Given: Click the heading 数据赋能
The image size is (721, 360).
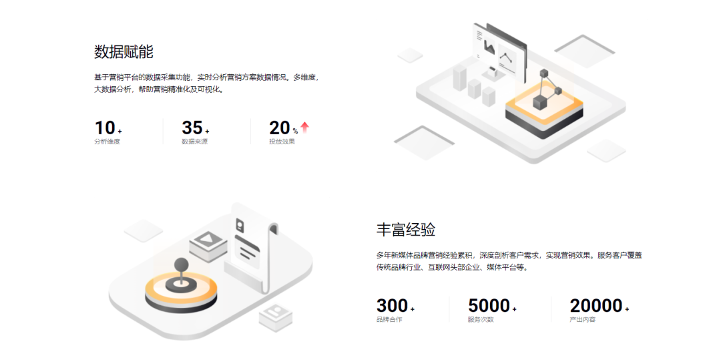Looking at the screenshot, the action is [124, 51].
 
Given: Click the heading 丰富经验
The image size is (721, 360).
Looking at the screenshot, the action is [406, 230].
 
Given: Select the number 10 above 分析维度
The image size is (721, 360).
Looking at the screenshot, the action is [105, 128].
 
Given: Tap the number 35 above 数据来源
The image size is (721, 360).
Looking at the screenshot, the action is [192, 128].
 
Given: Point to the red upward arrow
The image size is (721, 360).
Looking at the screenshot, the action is [305, 127].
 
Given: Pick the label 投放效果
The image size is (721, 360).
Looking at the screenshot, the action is [282, 142].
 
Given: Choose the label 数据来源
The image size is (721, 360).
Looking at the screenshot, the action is [194, 142].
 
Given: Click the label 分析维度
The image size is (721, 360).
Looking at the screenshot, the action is [107, 142].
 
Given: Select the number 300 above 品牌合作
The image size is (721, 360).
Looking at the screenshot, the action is [392, 306].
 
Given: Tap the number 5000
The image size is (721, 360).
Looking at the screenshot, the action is [489, 306].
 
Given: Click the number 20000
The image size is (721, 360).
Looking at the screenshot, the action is [596, 306].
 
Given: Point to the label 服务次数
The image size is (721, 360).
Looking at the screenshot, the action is [481, 320].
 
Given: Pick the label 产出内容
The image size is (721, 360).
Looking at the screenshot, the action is [583, 320].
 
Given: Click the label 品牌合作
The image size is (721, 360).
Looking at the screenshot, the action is [389, 320].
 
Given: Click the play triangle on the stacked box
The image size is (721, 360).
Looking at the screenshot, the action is [208, 239].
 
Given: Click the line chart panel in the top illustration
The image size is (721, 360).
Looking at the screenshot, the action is [507, 59].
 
